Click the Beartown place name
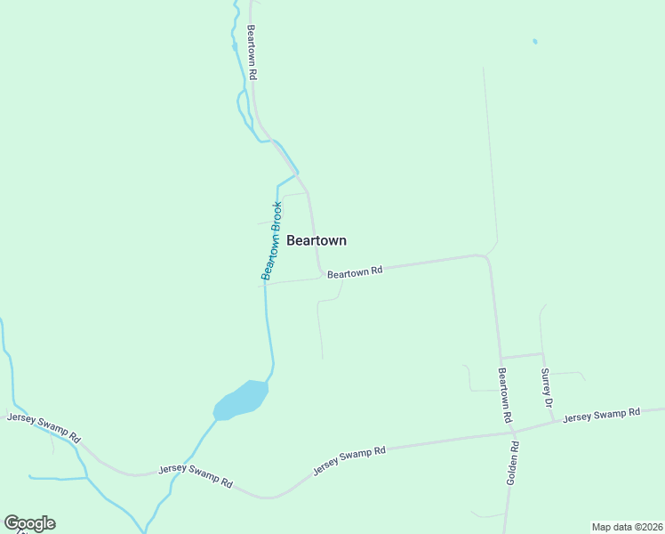pos(316,240)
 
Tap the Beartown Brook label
pos(272,241)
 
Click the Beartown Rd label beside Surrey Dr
pos(504,394)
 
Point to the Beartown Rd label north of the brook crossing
pos(252,53)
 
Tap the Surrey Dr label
pos(547,388)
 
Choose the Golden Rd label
pos(513,463)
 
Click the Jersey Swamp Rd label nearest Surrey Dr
pos(602,415)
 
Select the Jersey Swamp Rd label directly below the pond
pos(196,475)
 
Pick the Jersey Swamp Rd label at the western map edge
pos(44,426)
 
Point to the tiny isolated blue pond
pos(534,41)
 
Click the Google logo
pos(29,523)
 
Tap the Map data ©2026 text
pos(627,527)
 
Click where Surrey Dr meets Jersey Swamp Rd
pos(553,423)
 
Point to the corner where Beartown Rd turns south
pos(486,258)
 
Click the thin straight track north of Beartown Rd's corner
pos(490,160)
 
